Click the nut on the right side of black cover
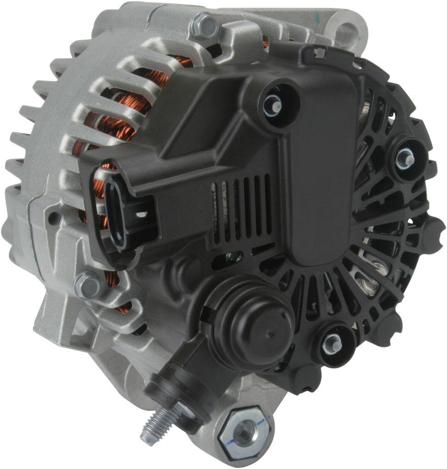[405, 158]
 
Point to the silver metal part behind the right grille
[371, 275]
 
